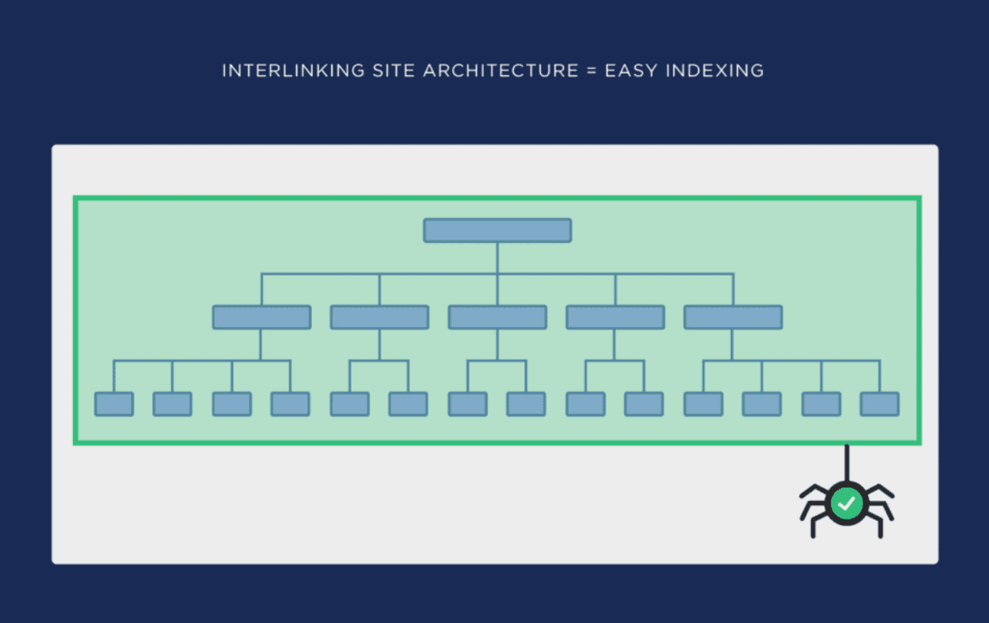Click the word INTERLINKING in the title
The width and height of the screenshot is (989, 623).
(293, 71)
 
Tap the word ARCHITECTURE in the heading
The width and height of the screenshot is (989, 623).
(501, 71)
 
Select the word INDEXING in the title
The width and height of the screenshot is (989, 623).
(715, 71)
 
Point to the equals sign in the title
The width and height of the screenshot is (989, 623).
(591, 71)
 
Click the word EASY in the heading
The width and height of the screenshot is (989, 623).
(631, 71)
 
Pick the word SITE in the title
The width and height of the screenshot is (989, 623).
(394, 71)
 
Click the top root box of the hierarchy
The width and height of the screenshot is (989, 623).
(498, 230)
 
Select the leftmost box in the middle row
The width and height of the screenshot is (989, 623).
(262, 317)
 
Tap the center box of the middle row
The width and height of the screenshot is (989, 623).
(498, 317)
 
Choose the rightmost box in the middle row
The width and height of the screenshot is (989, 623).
(733, 317)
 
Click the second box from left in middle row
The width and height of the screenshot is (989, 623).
(380, 317)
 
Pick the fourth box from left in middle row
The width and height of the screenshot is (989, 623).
(616, 317)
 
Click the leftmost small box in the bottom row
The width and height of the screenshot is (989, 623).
(114, 404)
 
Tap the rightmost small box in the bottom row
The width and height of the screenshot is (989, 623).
(879, 404)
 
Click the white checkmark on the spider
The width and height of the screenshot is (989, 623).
(847, 503)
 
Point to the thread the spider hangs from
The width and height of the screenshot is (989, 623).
(847, 463)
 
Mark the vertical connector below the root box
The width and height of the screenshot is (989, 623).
(498, 258)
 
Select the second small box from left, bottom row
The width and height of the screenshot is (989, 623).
(172, 404)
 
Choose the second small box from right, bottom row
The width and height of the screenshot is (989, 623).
(821, 404)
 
